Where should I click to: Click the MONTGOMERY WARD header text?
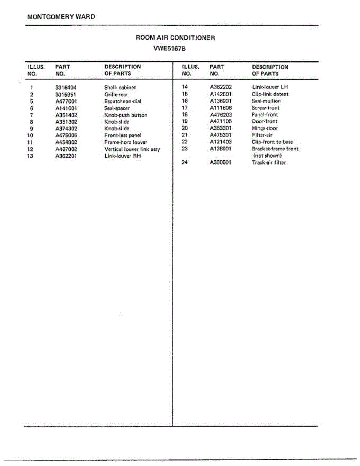(x=61, y=17)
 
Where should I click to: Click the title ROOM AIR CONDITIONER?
(x=175, y=38)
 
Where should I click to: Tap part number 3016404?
(x=66, y=88)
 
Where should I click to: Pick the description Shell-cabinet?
(x=120, y=88)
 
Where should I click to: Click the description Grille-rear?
(x=116, y=95)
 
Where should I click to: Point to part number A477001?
(x=66, y=101)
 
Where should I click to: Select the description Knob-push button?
(x=126, y=115)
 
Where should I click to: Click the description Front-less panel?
(x=123, y=136)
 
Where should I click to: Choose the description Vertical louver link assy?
(x=132, y=149)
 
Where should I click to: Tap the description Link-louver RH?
(x=122, y=156)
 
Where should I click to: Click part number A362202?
(x=221, y=87)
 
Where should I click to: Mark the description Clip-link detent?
(x=270, y=94)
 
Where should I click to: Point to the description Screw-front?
(x=266, y=108)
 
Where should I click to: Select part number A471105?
(x=221, y=122)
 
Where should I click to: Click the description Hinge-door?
(x=265, y=129)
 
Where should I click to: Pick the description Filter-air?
(x=262, y=135)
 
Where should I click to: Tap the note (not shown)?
(x=268, y=156)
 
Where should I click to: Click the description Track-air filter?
(x=269, y=163)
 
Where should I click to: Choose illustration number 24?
(x=185, y=162)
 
